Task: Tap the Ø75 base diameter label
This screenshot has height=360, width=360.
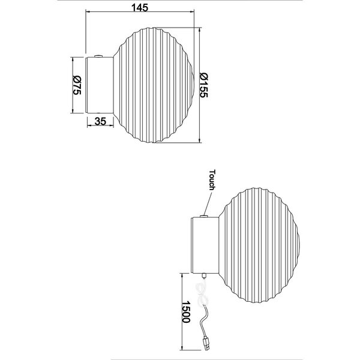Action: pos(76,85)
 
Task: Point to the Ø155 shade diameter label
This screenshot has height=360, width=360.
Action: pos(204,85)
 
